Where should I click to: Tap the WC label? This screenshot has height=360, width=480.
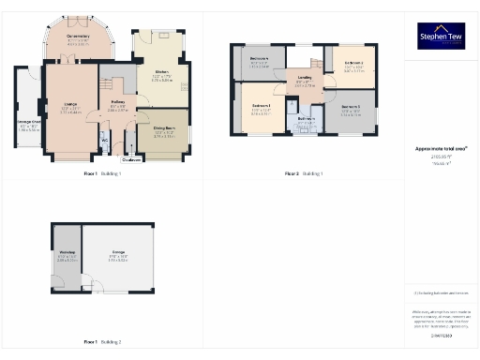click(x=104, y=141)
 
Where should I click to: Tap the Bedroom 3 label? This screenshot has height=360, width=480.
click(x=353, y=63)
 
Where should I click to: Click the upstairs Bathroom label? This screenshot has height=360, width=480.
click(x=305, y=119)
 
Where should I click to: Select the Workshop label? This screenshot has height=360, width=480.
click(x=66, y=254)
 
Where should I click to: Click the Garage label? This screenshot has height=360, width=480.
click(x=117, y=254)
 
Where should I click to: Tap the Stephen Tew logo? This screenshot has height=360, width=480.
click(x=440, y=37)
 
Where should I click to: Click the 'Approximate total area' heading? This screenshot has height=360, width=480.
click(x=441, y=148)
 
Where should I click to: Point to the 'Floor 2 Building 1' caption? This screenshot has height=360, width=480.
click(x=305, y=174)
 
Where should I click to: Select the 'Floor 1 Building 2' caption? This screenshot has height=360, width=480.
click(x=102, y=342)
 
